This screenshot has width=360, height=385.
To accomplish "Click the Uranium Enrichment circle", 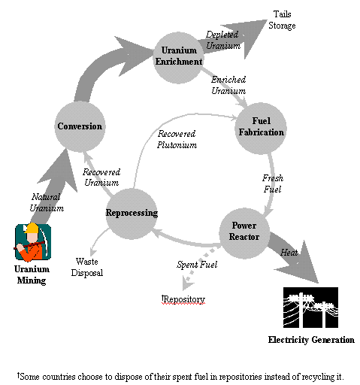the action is [178, 58].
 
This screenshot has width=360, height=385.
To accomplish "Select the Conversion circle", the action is [80, 126].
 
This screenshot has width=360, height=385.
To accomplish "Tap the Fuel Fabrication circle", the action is [261, 128].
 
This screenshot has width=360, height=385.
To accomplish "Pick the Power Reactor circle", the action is [244, 233].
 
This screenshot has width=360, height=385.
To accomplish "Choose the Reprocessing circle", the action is [132, 214].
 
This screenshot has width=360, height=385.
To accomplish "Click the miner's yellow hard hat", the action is [32, 228].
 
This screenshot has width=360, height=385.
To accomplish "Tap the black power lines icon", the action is [310, 308].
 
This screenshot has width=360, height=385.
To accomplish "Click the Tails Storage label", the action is [282, 20].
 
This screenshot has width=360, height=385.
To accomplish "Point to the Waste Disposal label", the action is [87, 267].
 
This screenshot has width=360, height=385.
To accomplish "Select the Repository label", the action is [183, 299].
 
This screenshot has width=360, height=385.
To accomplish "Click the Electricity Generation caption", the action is [311, 340].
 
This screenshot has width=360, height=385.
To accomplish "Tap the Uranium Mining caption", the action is [32, 274].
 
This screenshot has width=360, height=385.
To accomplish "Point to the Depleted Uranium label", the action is [223, 40].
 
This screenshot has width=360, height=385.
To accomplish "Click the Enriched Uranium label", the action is [228, 85].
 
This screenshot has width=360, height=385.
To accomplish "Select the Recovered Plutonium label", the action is [177, 139].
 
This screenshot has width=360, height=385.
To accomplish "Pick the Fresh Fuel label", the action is [273, 183].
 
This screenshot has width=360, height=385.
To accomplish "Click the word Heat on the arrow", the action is [289, 253].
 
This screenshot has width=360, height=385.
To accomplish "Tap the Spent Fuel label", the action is [197, 265].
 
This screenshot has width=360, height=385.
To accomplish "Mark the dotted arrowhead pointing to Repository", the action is [188, 283].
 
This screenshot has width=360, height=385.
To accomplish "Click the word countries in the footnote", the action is [59, 377].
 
